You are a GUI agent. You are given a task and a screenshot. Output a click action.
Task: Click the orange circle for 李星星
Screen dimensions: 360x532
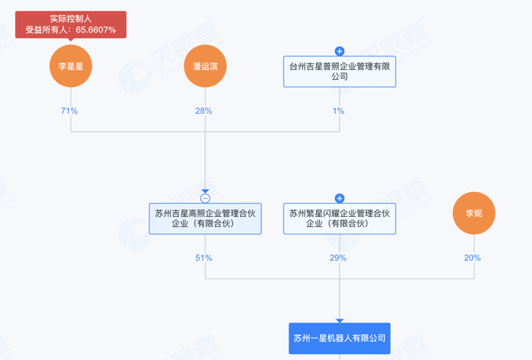coord(71,67)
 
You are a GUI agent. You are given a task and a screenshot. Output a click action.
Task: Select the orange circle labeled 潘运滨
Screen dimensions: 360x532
coord(205,67)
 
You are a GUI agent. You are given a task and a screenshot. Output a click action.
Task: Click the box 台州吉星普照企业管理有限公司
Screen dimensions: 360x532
coord(339,72)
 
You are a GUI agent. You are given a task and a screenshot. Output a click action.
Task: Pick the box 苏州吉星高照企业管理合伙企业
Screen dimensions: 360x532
coord(205,219)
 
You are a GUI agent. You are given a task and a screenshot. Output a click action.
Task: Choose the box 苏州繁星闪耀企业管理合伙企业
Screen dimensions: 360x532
coord(339,219)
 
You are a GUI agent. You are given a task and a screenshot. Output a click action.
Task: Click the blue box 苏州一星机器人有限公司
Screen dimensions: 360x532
coord(339,338)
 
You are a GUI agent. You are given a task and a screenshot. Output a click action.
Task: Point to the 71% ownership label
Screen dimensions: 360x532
coord(70,111)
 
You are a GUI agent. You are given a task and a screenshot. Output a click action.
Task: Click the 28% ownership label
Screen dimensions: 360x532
coord(204,111)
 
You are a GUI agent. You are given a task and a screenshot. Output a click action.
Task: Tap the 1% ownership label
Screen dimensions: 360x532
coord(339,111)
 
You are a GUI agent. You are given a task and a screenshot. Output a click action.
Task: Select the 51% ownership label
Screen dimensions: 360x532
coord(204,258)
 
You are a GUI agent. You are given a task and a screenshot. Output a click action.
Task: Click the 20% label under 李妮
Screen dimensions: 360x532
coord(472,258)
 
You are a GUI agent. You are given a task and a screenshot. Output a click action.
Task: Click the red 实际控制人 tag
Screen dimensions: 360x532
coord(71,17)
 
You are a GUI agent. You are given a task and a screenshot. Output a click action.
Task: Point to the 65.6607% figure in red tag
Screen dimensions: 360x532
coord(91,30)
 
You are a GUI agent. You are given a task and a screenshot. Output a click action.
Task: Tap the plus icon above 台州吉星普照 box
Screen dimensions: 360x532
coord(339,52)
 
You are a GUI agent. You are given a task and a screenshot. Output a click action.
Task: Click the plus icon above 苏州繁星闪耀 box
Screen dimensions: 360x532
coord(339,199)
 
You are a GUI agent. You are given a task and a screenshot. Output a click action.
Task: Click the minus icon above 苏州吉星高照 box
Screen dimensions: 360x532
coord(205,199)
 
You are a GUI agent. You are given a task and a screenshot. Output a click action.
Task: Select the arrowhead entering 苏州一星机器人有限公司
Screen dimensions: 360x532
coord(339,320)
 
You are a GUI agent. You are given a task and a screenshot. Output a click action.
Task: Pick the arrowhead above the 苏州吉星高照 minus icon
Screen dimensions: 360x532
coord(205,191)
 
